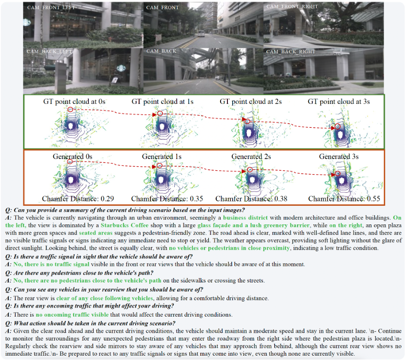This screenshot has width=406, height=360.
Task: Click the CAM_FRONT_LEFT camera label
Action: [x=51, y=7]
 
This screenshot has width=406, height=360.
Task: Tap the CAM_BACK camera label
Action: [x=162, y=51]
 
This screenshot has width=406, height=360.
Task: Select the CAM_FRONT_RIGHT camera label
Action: [x=292, y=6]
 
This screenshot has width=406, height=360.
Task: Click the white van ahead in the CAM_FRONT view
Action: [x=201, y=33]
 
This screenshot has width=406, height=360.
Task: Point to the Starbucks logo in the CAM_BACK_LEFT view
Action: [x=121, y=68]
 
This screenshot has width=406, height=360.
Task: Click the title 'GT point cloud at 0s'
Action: [x=74, y=101]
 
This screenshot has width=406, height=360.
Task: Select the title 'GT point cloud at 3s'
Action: [x=339, y=101]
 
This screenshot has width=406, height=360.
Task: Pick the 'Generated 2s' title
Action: [x=251, y=157]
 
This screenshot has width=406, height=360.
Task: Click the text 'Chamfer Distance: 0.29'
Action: [x=78, y=199]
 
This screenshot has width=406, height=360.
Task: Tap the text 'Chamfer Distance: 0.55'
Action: [x=344, y=199]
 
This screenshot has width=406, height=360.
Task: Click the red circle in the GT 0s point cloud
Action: [x=70, y=109]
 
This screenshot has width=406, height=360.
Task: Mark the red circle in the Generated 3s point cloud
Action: [x=337, y=174]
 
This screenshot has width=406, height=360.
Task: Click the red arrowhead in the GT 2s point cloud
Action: [x=244, y=120]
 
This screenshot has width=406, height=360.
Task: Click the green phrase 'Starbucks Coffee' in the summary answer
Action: [x=124, y=225]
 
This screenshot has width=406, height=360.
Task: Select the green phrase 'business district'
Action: [x=245, y=218]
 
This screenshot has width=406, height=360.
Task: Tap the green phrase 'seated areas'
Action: [x=96, y=233]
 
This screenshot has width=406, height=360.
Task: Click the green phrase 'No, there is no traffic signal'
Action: [x=51, y=264]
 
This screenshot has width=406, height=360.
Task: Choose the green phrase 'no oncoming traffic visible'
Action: [x=72, y=315]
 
